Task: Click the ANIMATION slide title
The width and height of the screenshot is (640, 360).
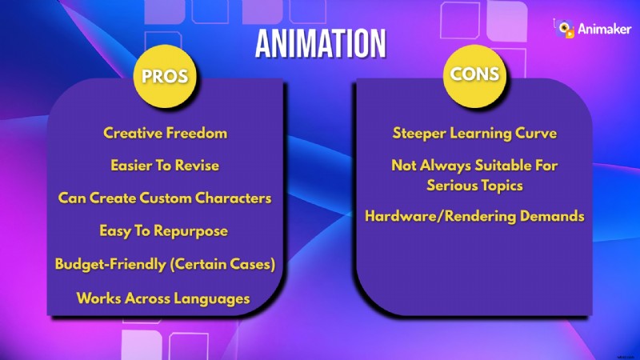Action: pyautogui.click(x=320, y=44)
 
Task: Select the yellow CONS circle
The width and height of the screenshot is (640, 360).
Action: pyautogui.click(x=475, y=74)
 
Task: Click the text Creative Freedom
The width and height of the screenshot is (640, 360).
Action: pyautogui.click(x=165, y=133)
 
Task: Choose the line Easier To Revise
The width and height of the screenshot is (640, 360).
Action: pyautogui.click(x=165, y=166)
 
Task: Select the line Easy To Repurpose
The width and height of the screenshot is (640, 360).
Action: pyautogui.click(x=164, y=230)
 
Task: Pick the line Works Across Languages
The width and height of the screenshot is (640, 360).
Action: pyautogui.click(x=163, y=298)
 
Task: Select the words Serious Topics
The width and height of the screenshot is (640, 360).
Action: pyautogui.click(x=475, y=185)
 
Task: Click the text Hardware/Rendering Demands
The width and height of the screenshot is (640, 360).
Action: pyautogui.click(x=475, y=216)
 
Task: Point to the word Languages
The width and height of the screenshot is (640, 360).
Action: pyautogui.click(x=211, y=298)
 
